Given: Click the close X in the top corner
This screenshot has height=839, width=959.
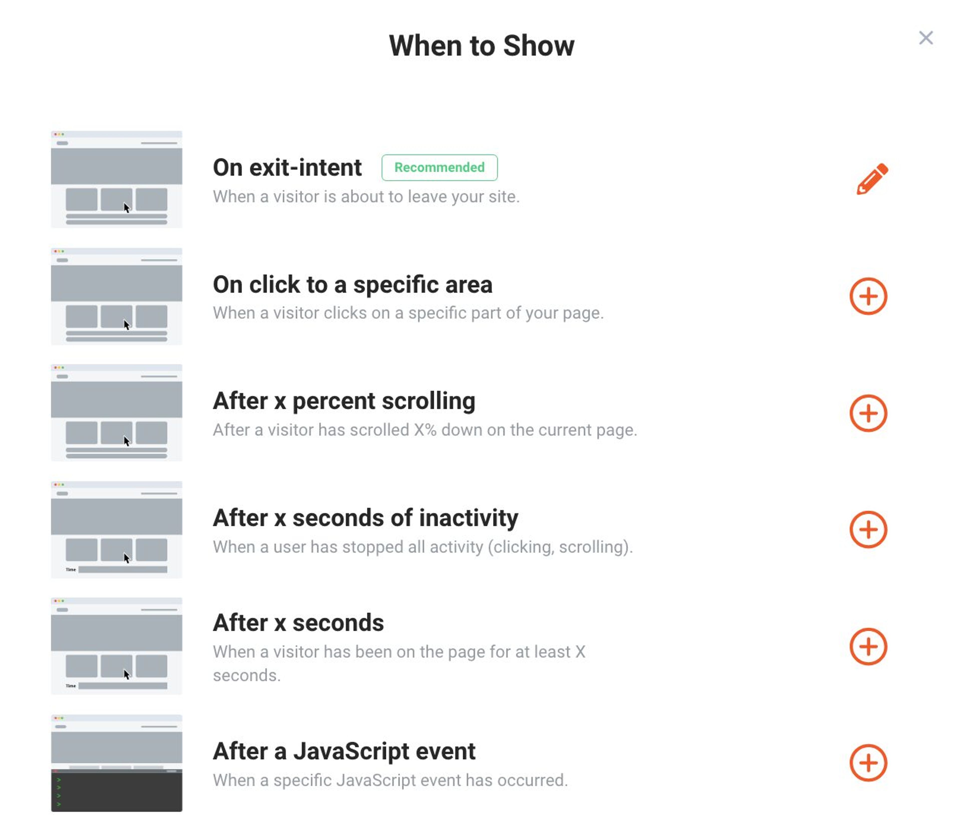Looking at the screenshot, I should [x=925, y=38].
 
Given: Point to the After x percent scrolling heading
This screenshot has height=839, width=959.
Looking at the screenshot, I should [x=344, y=401].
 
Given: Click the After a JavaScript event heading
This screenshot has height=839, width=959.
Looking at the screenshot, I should [x=344, y=751].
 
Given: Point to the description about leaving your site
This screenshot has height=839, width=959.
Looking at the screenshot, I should [x=366, y=197].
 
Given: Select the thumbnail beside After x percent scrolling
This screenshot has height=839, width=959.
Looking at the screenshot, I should [x=117, y=412].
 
